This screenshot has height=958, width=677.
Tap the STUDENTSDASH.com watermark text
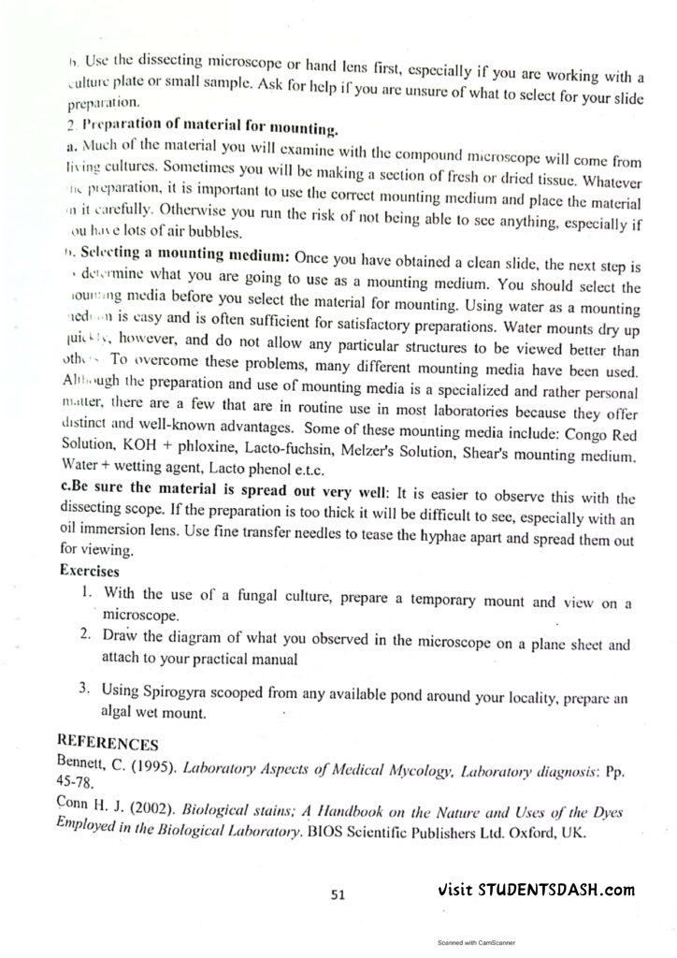(x=536, y=890)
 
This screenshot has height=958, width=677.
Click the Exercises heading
(x=90, y=570)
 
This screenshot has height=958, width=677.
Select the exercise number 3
(x=85, y=690)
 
